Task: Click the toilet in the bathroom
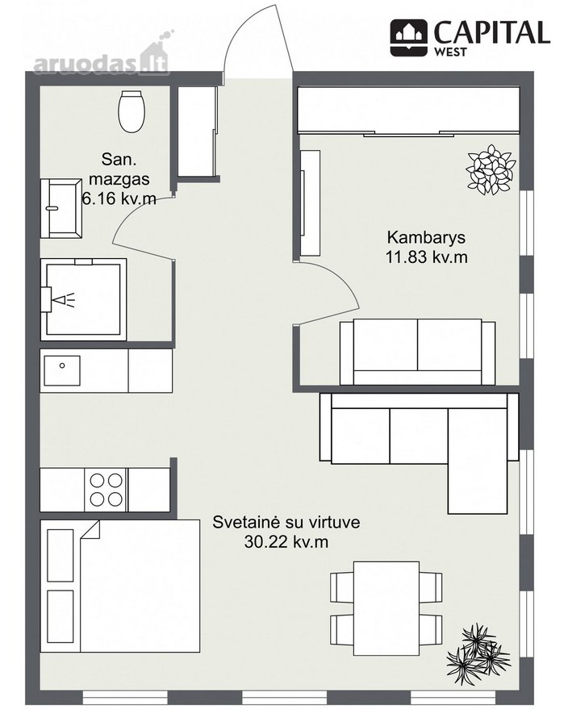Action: (x=132, y=111)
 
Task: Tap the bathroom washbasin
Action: (x=61, y=208)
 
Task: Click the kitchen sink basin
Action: (x=62, y=370)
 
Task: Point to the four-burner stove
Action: (x=106, y=490)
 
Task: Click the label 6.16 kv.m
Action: (x=119, y=198)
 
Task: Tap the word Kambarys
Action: (x=426, y=237)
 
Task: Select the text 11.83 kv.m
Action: (x=426, y=257)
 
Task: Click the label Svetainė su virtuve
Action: (x=286, y=522)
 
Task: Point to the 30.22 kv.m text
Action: (x=286, y=542)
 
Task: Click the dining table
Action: (x=386, y=608)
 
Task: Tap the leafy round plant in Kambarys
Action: (x=491, y=169)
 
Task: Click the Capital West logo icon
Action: (x=408, y=37)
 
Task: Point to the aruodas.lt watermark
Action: (x=102, y=58)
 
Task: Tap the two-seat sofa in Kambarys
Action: (x=417, y=352)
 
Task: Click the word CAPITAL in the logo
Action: (x=491, y=32)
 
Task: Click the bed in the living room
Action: (x=120, y=586)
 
